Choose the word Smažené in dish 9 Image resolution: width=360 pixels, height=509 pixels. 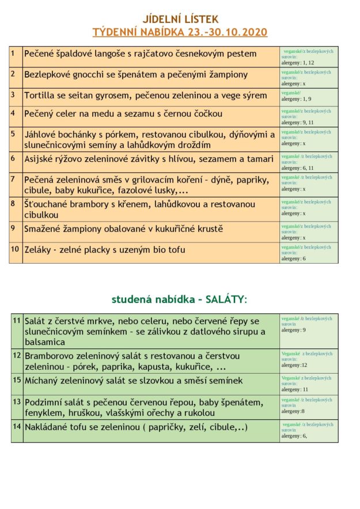[45, 229]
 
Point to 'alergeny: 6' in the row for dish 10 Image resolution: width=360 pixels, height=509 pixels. [293, 259]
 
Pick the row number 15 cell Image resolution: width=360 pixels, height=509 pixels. [17, 380]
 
